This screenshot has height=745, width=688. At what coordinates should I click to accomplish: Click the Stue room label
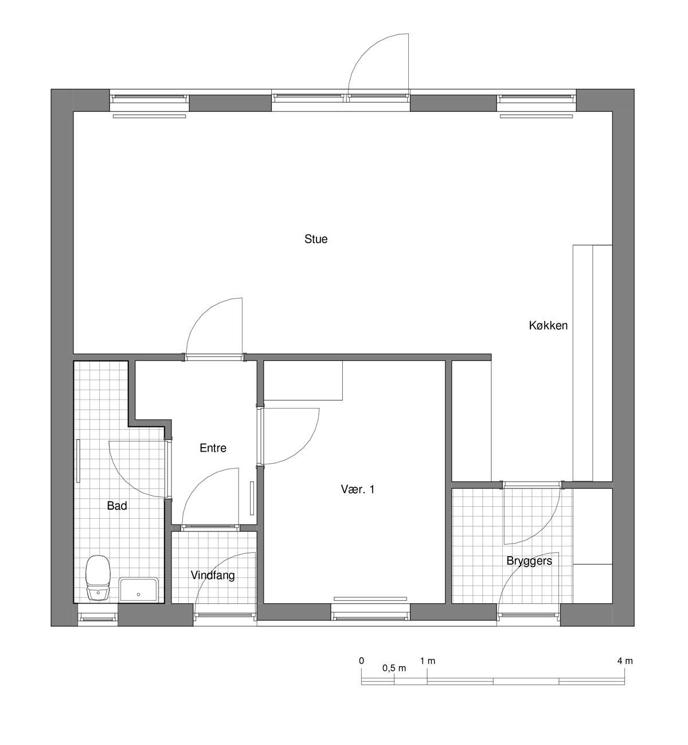[x=316, y=239]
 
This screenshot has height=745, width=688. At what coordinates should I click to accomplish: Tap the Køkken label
[x=548, y=325]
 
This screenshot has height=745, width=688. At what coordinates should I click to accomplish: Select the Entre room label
[x=213, y=448]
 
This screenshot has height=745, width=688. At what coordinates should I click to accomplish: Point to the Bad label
[x=117, y=506]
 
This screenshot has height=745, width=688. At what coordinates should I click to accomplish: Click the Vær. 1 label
[x=358, y=489]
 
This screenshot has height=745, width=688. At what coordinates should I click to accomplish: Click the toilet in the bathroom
[x=98, y=578]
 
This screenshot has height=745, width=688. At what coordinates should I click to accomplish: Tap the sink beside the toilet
[x=139, y=589]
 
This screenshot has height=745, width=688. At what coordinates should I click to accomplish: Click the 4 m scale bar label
[x=625, y=661]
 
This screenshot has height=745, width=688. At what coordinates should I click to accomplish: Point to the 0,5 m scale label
[x=394, y=668]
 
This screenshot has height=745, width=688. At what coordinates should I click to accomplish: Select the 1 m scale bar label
[x=428, y=661]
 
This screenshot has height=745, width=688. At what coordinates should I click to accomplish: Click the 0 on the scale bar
[x=361, y=661]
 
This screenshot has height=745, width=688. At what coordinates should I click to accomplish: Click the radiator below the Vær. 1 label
[x=370, y=599]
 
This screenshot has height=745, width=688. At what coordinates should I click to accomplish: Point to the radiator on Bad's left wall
[x=79, y=461]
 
